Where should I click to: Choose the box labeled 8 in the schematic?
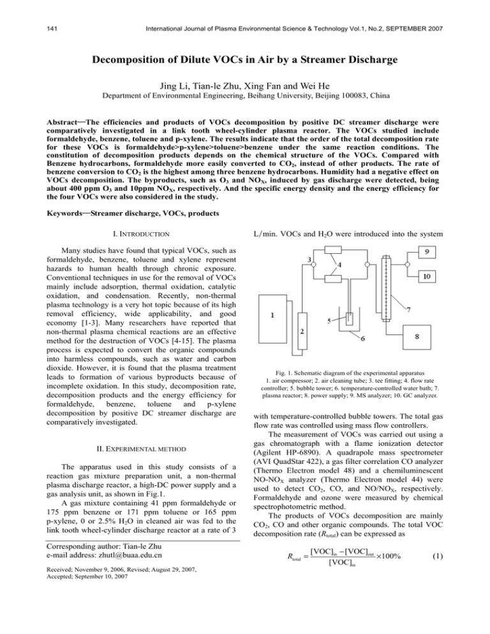point(426,339)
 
